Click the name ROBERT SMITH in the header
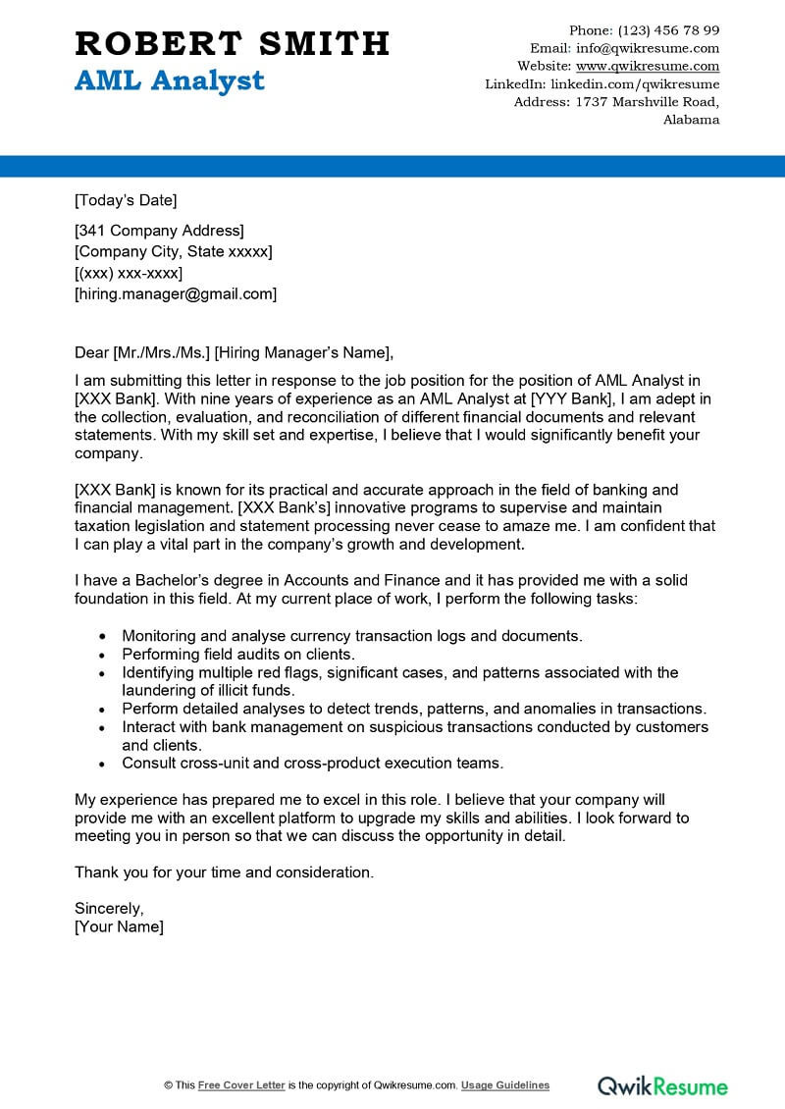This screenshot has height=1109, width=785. [x=232, y=44]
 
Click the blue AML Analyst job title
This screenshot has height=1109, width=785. [x=169, y=80]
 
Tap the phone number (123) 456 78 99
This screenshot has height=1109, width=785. [x=668, y=30]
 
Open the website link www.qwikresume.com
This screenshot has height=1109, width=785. [x=647, y=66]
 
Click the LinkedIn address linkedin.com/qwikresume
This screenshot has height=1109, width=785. [x=635, y=84]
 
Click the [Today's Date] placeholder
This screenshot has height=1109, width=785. [x=126, y=201]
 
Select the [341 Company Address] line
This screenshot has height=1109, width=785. [x=159, y=231]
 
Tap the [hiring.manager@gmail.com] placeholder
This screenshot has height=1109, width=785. [x=176, y=293]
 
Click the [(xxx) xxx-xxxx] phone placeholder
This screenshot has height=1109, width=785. [x=129, y=273]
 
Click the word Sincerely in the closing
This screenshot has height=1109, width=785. [x=109, y=908]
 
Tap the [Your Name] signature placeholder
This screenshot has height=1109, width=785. [x=119, y=926]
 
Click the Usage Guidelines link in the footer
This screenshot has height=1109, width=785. [x=505, y=1085]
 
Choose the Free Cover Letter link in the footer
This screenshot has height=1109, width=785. [x=241, y=1085]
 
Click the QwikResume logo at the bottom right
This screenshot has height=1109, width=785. [x=663, y=1085]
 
